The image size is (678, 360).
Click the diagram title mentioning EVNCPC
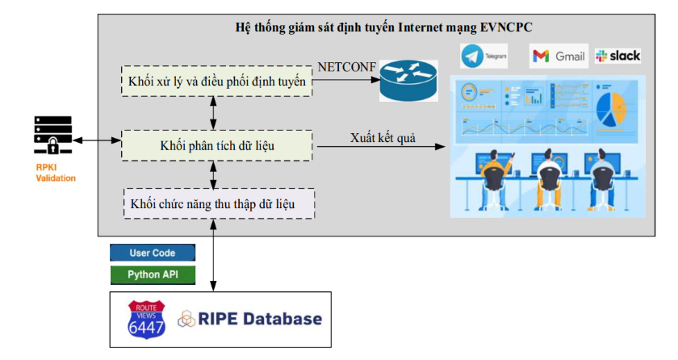[383, 27]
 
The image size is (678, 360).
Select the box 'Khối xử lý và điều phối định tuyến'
[217, 82]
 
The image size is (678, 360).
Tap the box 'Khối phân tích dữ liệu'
[217, 144]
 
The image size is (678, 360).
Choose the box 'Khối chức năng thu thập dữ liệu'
[218, 203]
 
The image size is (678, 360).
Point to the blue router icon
[408, 81]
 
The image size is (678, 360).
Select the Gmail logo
[559, 56]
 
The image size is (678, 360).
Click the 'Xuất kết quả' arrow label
[383, 137]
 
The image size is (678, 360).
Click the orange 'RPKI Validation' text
[55, 173]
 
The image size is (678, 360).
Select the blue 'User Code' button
[153, 253]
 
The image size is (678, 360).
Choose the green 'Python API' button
[153, 274]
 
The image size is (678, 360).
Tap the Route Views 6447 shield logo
[146, 318]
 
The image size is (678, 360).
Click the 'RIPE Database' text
[261, 319]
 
